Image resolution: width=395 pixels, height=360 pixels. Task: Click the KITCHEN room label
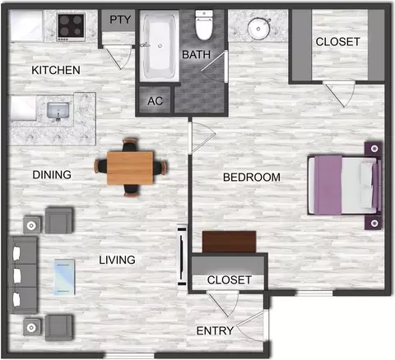click(x=56, y=70)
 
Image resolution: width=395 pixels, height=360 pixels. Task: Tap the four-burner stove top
click(x=71, y=26)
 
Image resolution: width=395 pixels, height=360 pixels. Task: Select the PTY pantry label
click(x=120, y=20)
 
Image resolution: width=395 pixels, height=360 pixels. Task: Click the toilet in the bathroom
click(x=204, y=25)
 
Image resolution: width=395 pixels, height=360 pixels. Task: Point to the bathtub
click(x=160, y=45)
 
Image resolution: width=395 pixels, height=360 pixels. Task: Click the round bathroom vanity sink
click(x=258, y=28)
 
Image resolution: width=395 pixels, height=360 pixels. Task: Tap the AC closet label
click(x=156, y=101)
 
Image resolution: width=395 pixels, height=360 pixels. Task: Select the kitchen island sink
click(x=58, y=111)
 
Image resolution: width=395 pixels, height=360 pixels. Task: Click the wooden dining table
click(x=130, y=168)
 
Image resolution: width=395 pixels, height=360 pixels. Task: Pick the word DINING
click(x=52, y=175)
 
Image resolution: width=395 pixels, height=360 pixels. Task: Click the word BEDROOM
click(x=252, y=178)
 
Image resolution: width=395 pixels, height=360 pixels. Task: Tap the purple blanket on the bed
click(x=328, y=185)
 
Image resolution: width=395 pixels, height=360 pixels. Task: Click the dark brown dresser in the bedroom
click(x=229, y=242)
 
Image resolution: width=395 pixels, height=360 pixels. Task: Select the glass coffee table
click(x=64, y=277)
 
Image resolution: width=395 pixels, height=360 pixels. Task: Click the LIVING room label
click(x=117, y=260)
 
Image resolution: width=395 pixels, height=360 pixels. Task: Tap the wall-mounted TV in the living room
click(x=182, y=256)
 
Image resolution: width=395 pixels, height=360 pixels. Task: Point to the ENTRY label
click(x=215, y=330)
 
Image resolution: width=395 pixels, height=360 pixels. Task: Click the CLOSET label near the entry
click(x=230, y=280)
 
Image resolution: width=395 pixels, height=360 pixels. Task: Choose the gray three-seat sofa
click(x=22, y=275)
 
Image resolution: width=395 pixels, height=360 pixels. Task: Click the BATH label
click(x=196, y=54)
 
